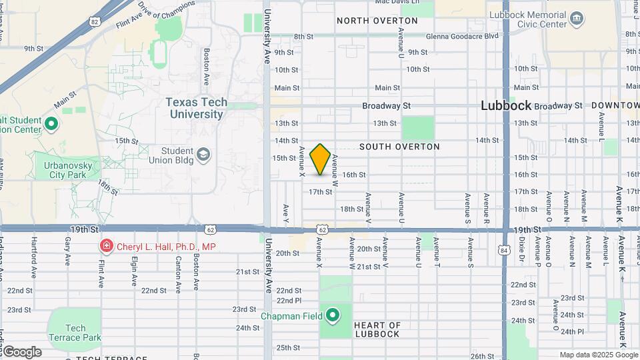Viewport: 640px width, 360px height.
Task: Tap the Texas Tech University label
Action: click(x=196, y=108)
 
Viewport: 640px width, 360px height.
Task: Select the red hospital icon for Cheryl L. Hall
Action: click(x=106, y=247)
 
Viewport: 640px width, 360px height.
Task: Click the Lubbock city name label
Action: click(x=506, y=106)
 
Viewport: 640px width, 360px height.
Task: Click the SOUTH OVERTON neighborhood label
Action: click(x=399, y=146)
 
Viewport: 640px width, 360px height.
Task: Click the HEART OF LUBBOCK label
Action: click(x=377, y=329)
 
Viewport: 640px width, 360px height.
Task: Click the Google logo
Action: click(x=21, y=352)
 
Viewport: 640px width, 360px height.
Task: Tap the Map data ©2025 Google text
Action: click(x=598, y=355)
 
